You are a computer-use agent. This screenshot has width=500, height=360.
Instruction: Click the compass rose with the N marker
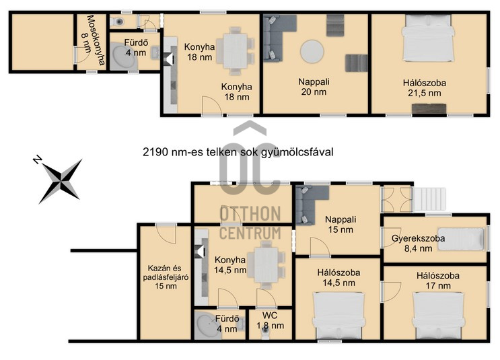(x=60, y=180)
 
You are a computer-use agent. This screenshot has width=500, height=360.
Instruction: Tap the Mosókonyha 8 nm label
(x=92, y=40)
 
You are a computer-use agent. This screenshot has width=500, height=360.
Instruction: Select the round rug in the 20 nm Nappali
(x=312, y=52)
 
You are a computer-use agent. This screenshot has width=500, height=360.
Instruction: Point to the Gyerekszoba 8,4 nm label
(x=418, y=244)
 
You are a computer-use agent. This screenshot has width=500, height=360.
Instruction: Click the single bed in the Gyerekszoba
(x=461, y=238)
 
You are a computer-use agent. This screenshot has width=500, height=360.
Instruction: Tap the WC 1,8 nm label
(x=270, y=320)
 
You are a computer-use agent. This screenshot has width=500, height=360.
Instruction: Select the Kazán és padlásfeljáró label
(x=166, y=277)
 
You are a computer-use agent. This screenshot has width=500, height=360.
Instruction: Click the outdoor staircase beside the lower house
(x=429, y=199)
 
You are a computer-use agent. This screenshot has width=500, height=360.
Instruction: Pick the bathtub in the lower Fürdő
(x=207, y=326)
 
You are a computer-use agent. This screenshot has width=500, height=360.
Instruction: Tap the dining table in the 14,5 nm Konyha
(x=266, y=265)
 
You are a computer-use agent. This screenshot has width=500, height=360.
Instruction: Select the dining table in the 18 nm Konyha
(x=236, y=51)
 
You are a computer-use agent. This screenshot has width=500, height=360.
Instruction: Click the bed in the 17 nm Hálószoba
(x=438, y=316)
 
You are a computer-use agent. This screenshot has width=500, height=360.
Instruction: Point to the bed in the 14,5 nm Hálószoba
(x=338, y=316)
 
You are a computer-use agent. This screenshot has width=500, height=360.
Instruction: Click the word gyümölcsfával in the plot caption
(x=297, y=152)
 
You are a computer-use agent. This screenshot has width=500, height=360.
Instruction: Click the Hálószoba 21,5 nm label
(x=425, y=88)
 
